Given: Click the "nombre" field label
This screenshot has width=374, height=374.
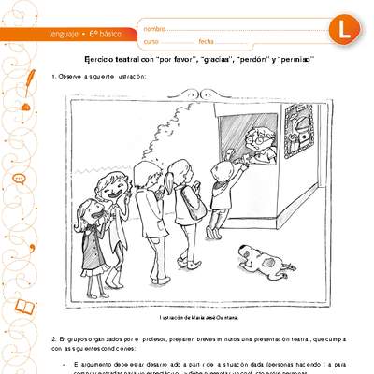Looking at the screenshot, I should (x=154, y=29).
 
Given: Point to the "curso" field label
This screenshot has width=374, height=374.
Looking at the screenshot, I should (x=152, y=43).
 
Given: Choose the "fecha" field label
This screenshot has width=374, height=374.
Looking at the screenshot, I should (x=207, y=43).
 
